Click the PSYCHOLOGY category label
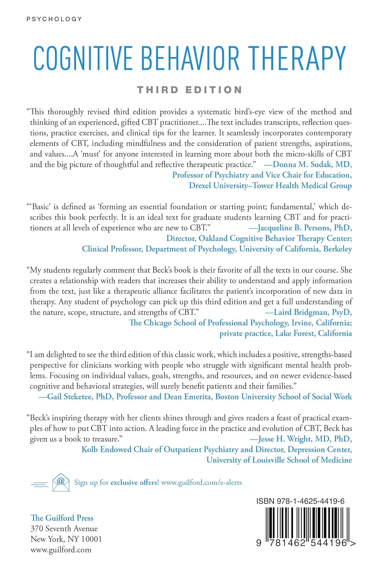(x=54, y=19)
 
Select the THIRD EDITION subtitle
(x=190, y=90)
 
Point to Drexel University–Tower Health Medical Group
(x=270, y=185)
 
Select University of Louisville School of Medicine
(x=279, y=460)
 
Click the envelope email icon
(x=61, y=482)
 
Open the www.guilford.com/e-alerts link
(x=201, y=483)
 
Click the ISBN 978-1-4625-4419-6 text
(x=300, y=501)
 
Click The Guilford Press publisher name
(x=62, y=518)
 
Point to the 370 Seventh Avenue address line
(x=64, y=529)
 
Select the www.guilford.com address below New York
(x=61, y=550)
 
